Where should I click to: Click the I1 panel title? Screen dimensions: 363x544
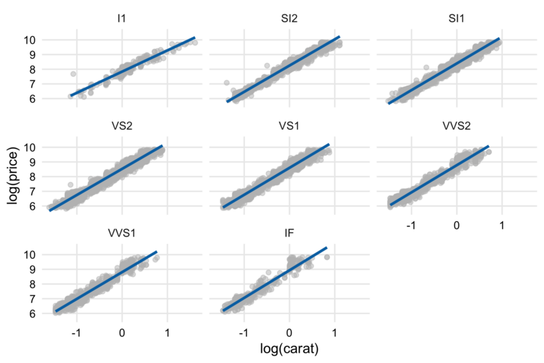[x=122, y=19]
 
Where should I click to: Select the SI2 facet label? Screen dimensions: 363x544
[x=289, y=19]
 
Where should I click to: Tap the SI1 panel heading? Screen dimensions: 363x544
[x=456, y=19]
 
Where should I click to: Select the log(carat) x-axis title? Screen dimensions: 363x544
[x=289, y=348]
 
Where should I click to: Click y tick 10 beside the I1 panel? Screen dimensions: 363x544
[x=31, y=40]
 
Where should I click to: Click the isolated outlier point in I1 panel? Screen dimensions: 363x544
[x=73, y=74]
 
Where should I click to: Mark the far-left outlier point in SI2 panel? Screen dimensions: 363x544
[x=226, y=83]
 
